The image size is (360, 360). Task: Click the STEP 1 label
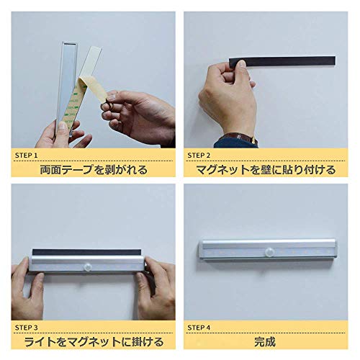[x=26, y=156]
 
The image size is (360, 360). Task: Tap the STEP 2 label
[x=199, y=156]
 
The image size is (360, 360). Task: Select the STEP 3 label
[x=26, y=328]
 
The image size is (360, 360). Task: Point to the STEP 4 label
[x=199, y=328]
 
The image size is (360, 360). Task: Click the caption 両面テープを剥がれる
[x=94, y=170]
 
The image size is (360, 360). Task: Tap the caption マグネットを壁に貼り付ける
[x=266, y=170]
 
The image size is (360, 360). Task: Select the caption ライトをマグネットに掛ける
[x=94, y=342]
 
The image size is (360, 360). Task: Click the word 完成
[x=265, y=342]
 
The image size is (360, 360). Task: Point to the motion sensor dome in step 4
[x=270, y=252]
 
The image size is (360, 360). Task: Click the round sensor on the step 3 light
[x=88, y=266]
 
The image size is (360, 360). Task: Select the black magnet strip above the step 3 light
[x=86, y=252]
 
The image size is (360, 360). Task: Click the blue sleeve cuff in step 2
[x=235, y=143]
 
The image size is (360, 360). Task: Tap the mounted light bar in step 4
[x=268, y=250]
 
